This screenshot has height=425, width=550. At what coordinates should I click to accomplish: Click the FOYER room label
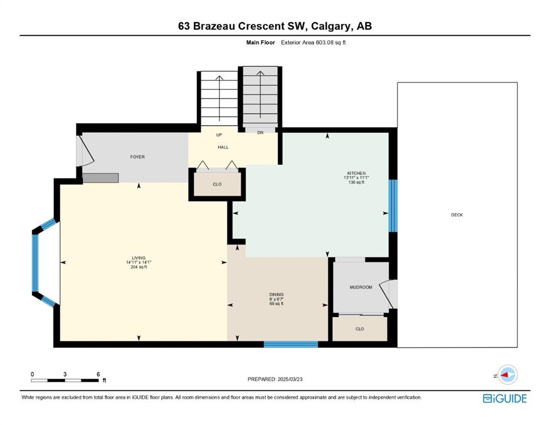coord(137,157)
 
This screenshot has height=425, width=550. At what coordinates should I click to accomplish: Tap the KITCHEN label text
coord(356,173)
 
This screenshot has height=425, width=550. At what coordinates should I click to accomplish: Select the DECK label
coord(457,215)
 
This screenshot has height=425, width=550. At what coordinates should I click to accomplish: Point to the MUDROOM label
coord(361,287)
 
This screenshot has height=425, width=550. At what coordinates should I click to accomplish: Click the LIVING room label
coord(138,258)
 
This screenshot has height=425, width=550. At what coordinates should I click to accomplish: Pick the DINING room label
coord(276,294)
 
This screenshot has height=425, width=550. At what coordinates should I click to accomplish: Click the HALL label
coord(223,147)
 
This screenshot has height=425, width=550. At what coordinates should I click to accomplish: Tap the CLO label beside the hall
coord(217,184)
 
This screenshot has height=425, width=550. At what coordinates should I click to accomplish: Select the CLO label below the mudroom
coord(359,329)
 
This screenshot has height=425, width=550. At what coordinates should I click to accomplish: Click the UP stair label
coord(219,135)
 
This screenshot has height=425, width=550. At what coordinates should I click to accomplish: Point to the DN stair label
coord(260,133)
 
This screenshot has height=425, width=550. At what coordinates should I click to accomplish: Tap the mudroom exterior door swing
coord(388,294)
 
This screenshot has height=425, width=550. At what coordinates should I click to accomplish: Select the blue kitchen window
coord(393,206)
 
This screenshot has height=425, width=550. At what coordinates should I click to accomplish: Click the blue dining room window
coord(291,344)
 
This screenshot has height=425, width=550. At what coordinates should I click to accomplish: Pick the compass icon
coord(507,375)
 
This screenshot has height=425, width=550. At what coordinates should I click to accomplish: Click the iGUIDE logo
coord(505,398)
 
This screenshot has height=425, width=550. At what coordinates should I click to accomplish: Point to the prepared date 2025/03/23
coord(290,379)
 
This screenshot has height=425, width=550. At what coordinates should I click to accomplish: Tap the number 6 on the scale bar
coord(98,374)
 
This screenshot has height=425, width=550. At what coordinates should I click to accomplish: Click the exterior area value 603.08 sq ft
coord(331,43)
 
